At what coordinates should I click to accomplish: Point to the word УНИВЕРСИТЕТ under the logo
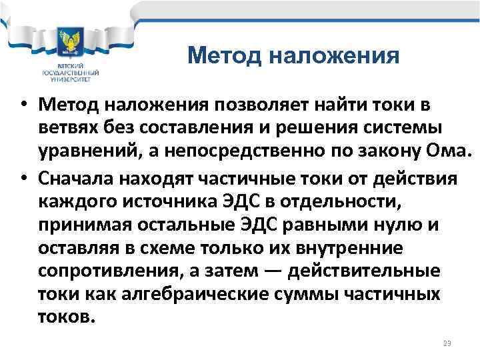click(70, 79)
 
